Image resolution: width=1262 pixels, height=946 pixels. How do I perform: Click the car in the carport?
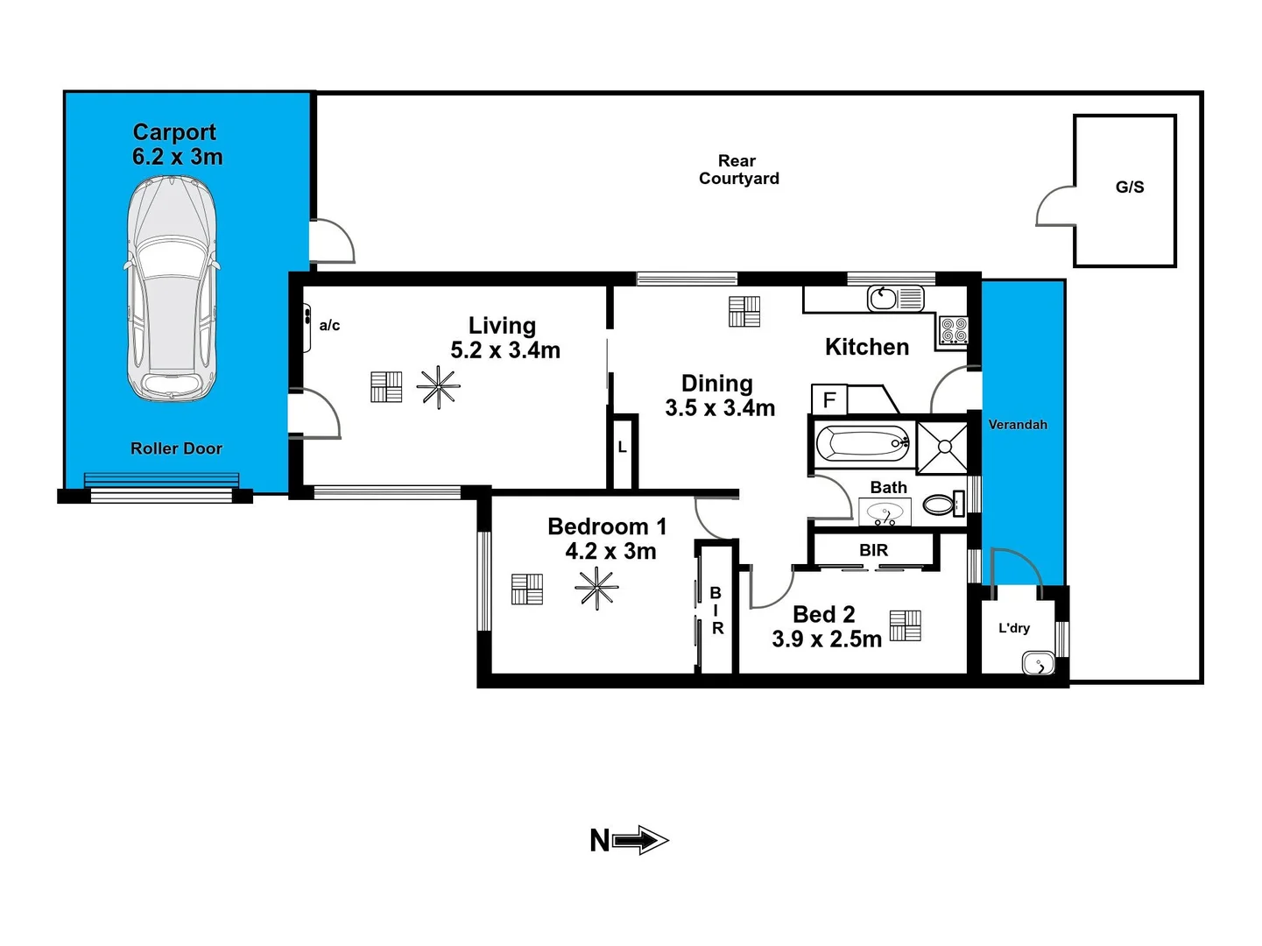click(x=172, y=289)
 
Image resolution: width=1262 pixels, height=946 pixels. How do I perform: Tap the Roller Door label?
click(x=176, y=448)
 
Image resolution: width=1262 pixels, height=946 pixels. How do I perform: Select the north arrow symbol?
click(x=639, y=841)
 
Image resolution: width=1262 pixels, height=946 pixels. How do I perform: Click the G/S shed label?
click(x=1129, y=187)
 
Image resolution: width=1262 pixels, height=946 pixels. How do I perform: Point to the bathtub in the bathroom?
click(x=862, y=444)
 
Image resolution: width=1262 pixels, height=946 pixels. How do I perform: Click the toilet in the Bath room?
click(x=940, y=505)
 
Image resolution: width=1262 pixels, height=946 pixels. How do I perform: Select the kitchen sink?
click(x=883, y=299)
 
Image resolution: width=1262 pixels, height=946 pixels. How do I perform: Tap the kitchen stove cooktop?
click(x=953, y=330)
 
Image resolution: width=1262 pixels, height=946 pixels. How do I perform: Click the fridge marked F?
click(x=828, y=400)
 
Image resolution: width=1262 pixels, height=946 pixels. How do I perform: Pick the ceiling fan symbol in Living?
click(x=438, y=387)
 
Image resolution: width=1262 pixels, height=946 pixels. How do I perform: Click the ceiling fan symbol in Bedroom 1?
click(x=596, y=588)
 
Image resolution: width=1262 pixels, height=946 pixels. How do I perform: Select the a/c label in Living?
click(x=329, y=326)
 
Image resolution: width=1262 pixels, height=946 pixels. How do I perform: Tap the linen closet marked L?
click(x=622, y=448)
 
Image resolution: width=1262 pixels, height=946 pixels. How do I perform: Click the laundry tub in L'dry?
click(x=1039, y=664)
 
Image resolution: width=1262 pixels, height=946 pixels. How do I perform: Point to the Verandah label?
click(x=1018, y=425)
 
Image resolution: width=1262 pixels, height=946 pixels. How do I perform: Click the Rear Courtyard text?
click(x=738, y=170)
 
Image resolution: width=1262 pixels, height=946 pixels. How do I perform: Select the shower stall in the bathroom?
click(x=943, y=447)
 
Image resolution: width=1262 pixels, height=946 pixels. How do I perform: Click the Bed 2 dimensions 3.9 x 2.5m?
click(x=826, y=639)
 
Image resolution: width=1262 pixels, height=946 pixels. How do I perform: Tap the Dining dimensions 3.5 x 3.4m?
click(x=720, y=408)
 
